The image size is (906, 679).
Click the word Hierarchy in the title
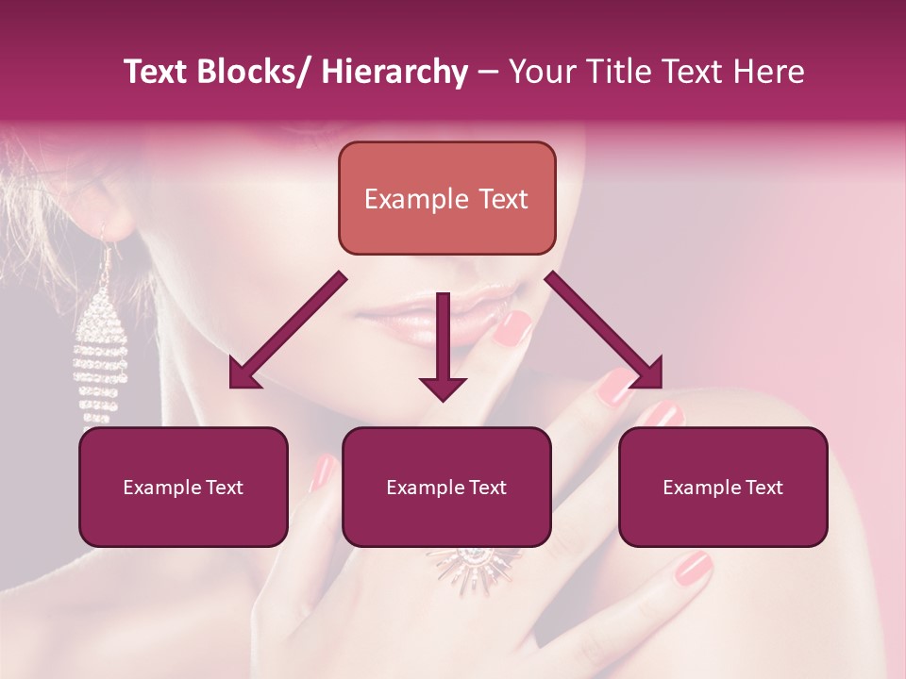[394, 73]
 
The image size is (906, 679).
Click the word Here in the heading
[772, 73]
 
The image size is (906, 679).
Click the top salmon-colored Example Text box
[446, 198]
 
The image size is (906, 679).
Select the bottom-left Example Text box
[183, 487]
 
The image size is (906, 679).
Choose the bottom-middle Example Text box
[446, 487]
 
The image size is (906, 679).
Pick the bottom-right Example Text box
[723, 487]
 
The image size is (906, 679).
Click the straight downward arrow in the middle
[444, 349]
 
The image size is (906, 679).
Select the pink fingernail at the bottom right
[694, 568]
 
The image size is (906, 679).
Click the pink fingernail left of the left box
[324, 472]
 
